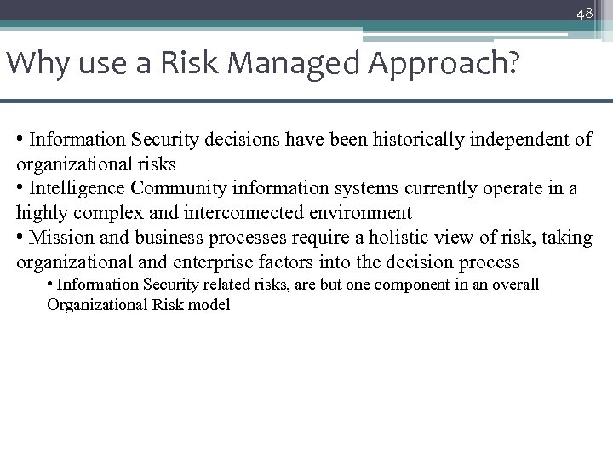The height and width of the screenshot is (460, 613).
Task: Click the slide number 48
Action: tap(584, 14)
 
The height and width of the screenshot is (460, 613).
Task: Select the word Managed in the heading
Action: tap(242, 63)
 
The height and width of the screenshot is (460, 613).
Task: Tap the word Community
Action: tap(195, 188)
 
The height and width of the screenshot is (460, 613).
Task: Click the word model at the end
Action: tap(209, 305)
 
